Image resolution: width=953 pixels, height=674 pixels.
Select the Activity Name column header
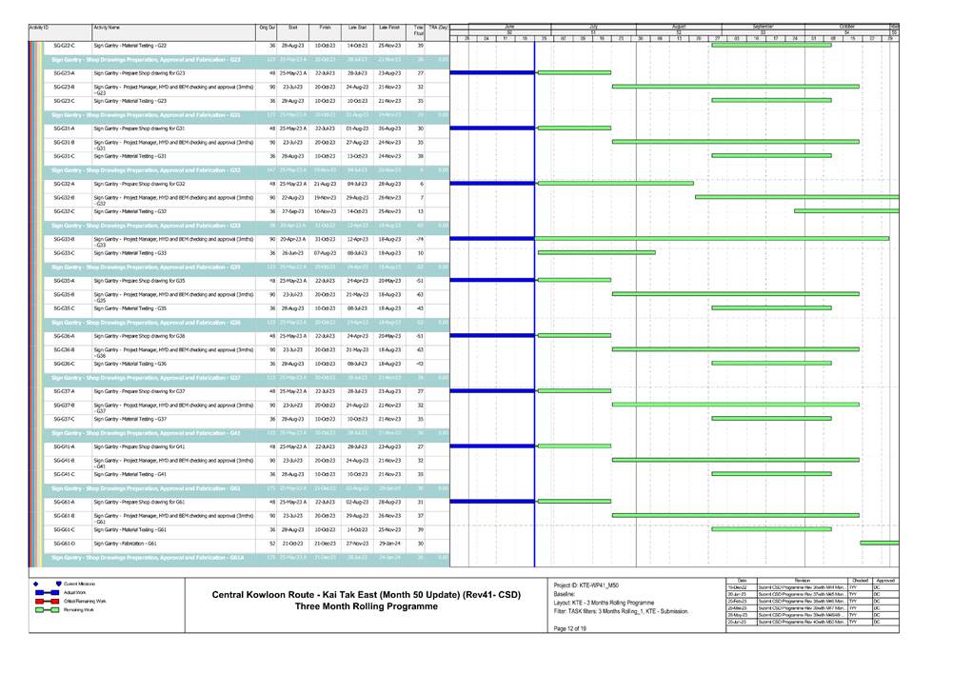click(x=107, y=29)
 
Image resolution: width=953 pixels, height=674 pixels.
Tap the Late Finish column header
click(x=389, y=29)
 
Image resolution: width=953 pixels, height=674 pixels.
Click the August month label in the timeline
click(x=679, y=26)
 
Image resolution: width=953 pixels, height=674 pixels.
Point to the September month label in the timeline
click(x=763, y=26)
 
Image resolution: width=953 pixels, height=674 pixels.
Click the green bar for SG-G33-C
click(x=596, y=252)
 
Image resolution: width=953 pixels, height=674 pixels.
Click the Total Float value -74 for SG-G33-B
click(x=419, y=239)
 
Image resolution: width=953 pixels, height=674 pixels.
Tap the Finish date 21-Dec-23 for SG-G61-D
click(x=325, y=543)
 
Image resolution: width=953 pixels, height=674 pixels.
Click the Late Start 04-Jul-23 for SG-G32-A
click(x=357, y=183)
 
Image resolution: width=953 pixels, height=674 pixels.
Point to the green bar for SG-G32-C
click(x=846, y=210)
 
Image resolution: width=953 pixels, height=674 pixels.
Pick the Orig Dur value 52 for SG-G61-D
click(x=273, y=543)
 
